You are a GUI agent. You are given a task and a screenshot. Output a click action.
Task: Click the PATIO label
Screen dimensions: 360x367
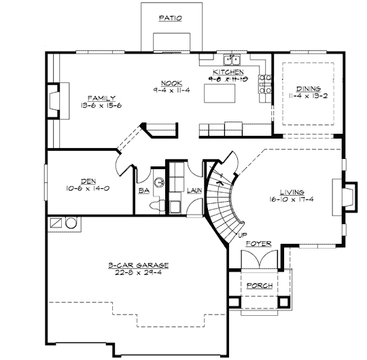170,19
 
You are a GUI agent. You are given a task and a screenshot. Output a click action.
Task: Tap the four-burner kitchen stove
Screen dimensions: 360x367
267,87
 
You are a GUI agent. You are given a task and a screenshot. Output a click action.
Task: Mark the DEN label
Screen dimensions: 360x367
88,181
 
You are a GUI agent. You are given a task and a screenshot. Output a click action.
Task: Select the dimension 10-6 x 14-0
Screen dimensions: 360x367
88,188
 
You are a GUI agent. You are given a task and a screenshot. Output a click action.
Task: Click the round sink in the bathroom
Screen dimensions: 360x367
158,182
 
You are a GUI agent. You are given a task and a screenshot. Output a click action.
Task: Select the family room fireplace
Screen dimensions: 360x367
54,96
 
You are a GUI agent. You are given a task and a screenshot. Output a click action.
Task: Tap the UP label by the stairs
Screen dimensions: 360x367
242,234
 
